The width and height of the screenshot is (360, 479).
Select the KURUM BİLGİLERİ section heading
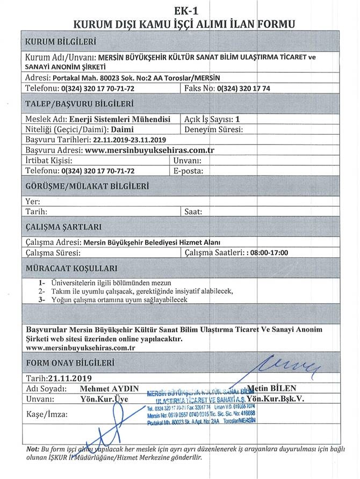61,41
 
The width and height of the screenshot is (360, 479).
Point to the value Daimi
123,129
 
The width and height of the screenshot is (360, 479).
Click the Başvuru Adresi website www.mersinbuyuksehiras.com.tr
150,150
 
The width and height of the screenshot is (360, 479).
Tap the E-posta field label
188,171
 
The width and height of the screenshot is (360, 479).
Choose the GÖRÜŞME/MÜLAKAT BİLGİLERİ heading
87,186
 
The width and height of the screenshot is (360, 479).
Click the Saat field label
193,212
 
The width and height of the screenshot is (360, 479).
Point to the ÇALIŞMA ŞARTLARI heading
63,227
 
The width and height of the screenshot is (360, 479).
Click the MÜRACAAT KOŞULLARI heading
71,268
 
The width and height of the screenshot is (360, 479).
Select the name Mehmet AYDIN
109,388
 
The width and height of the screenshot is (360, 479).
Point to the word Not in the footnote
32,448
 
